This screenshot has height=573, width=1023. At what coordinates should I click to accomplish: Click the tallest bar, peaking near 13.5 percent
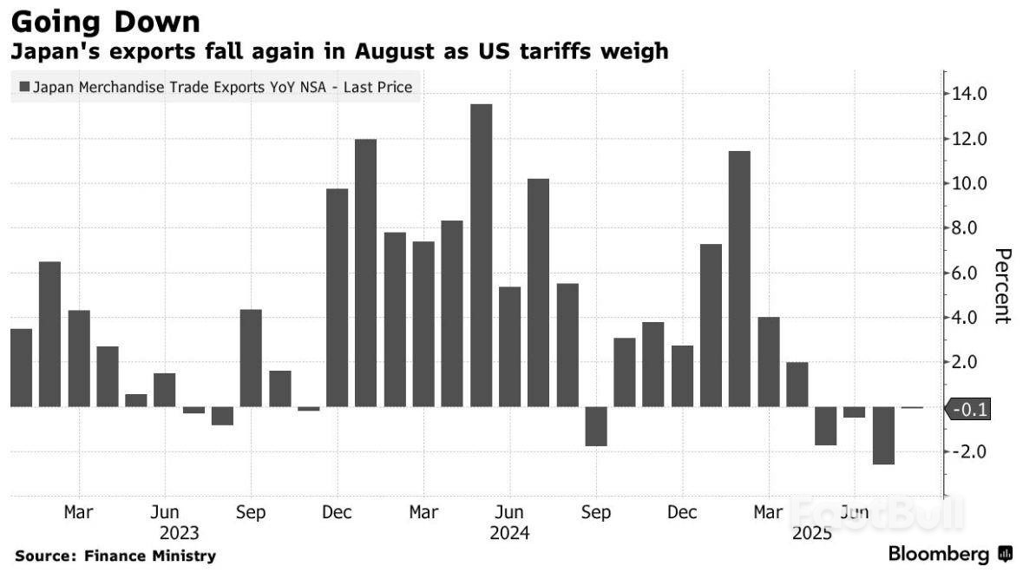[481, 255]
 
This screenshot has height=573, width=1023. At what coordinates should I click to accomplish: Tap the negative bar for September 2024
[595, 426]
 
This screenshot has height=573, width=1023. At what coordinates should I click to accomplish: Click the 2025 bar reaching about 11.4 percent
[739, 279]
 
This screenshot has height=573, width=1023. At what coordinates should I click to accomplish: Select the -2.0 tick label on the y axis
[968, 451]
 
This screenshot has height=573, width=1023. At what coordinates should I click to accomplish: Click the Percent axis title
[1002, 286]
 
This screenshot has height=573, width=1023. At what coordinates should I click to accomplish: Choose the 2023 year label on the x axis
[180, 532]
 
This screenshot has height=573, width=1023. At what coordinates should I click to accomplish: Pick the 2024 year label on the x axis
[510, 532]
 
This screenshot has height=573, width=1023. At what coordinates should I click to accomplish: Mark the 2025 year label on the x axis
[811, 532]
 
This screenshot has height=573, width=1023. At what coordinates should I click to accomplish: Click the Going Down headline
[105, 20]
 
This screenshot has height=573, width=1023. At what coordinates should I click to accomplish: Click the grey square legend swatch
[23, 88]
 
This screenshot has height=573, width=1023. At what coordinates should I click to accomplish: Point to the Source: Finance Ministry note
[115, 556]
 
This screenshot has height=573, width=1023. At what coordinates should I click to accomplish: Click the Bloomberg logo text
[939, 554]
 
